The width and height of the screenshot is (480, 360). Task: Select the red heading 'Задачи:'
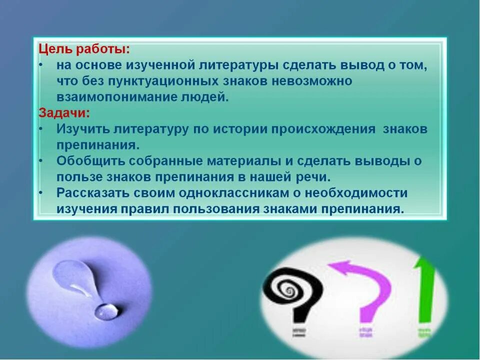(64, 113)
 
